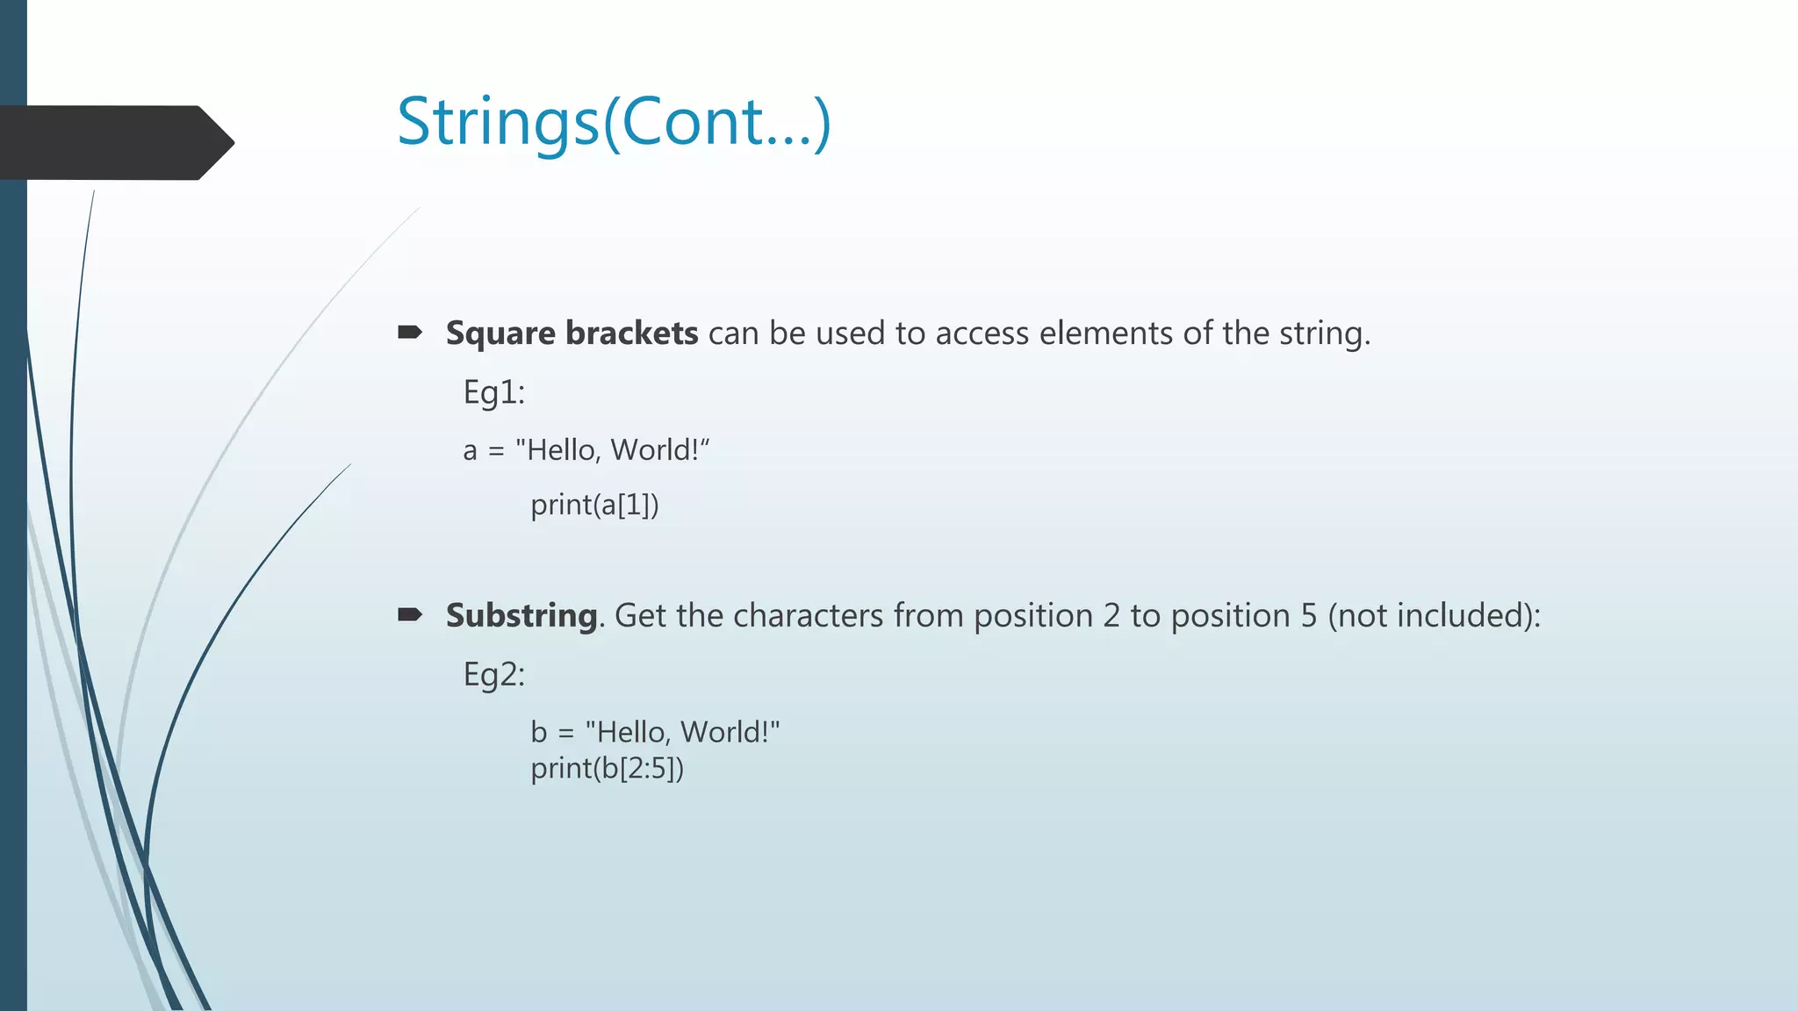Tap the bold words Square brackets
tap(572, 333)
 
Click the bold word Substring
tap(521, 616)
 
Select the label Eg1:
tap(493, 392)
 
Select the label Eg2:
tap(493, 675)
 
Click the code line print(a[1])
tap(594, 505)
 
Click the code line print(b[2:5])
tap(607, 769)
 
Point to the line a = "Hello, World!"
tap(586, 450)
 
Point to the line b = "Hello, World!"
tap(655, 732)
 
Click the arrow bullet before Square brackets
tap(410, 333)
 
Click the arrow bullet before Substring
tap(410, 614)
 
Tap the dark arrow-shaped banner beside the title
tap(114, 142)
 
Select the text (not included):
tap(1434, 616)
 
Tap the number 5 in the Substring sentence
tap(1309, 616)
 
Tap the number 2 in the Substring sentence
tap(1111, 616)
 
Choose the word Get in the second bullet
tap(640, 616)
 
